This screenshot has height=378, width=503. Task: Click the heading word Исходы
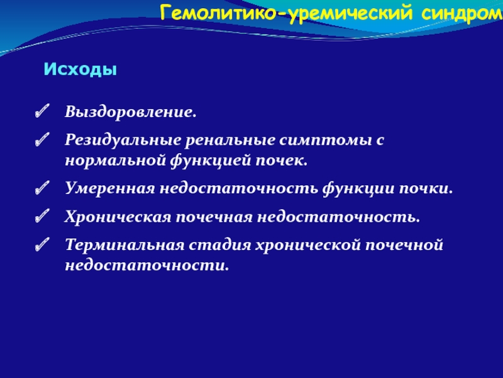[80, 69]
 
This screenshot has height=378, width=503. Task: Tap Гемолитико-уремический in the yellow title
[286, 13]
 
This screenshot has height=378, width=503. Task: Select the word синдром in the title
[462, 13]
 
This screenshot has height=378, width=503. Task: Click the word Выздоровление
[131, 112]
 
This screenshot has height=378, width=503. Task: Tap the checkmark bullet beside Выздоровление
[42, 111]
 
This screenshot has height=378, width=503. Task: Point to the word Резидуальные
[122, 140]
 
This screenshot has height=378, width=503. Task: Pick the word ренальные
[229, 140]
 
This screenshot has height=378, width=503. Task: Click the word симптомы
[325, 140]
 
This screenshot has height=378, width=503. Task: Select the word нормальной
[115, 160]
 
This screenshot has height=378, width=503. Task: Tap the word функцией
[210, 161]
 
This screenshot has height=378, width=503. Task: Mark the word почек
[281, 160]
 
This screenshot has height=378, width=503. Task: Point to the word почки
[426, 188]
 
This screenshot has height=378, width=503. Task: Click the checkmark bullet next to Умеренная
[42, 187]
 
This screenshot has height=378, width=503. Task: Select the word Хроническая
[118, 217]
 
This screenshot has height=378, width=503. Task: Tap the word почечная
[214, 217]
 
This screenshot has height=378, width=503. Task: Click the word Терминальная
[124, 244]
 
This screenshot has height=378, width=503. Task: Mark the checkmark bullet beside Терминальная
[42, 244]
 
